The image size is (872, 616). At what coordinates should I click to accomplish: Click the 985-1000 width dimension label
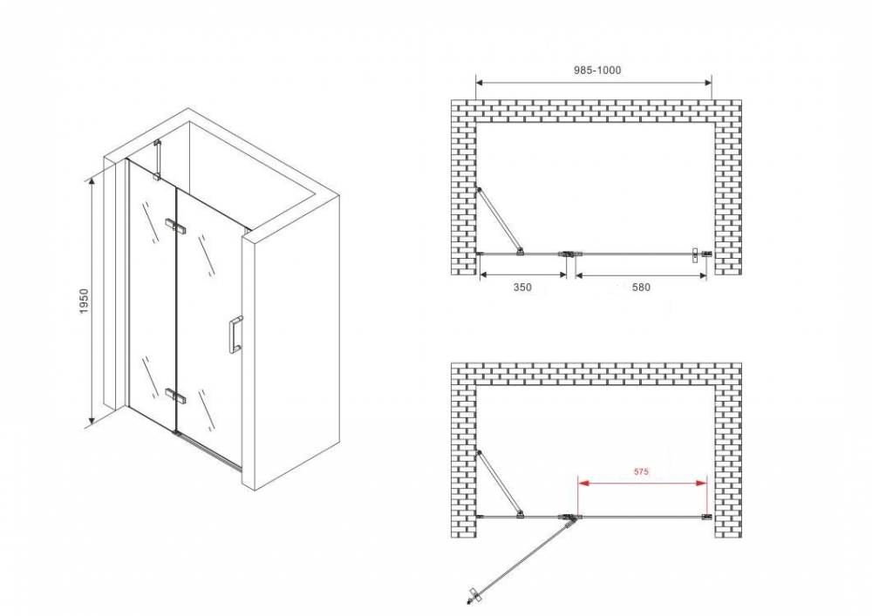click(597, 71)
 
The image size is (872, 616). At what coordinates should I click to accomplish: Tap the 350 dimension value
click(522, 288)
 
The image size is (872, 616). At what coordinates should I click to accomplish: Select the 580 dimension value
click(641, 288)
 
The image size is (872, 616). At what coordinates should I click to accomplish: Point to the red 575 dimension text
click(641, 471)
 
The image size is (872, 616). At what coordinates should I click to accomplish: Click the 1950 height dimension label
click(84, 301)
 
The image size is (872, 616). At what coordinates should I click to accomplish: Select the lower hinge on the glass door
click(176, 396)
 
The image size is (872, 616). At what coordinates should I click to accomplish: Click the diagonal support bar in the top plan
click(500, 220)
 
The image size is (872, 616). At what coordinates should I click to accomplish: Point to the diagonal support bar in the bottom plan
click(500, 484)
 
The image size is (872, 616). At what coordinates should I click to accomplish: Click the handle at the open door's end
click(473, 594)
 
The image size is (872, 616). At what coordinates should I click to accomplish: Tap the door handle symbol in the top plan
click(695, 255)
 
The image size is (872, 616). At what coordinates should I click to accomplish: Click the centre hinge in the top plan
click(570, 254)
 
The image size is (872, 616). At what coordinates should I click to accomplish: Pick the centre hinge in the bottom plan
click(570, 518)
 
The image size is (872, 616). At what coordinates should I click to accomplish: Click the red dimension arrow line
click(643, 484)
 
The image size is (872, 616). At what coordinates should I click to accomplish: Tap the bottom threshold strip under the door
click(209, 450)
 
